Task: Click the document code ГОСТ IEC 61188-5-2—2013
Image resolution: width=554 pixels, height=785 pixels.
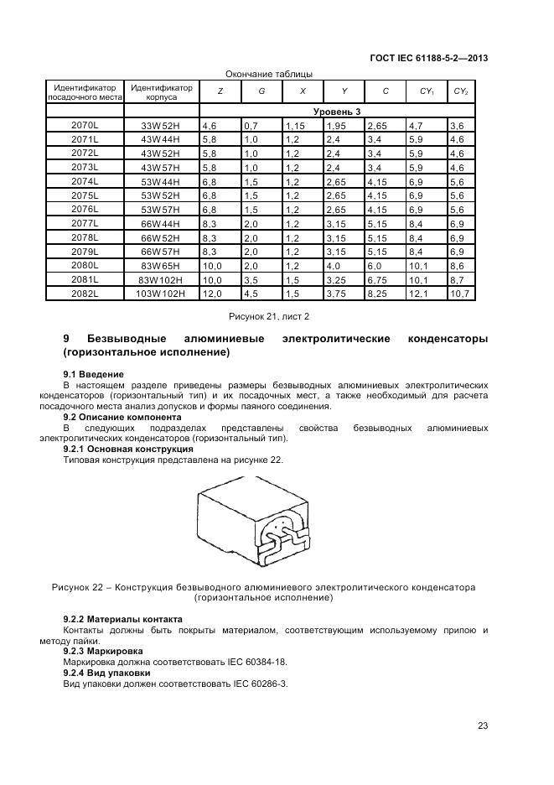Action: pyautogui.click(x=428, y=58)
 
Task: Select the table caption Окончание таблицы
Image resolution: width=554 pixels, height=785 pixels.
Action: pyautogui.click(x=268, y=74)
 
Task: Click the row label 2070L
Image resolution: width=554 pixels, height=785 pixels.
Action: pyautogui.click(x=85, y=124)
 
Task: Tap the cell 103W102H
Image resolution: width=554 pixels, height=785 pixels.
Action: pyautogui.click(x=162, y=294)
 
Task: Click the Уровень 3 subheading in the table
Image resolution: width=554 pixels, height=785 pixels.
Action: pyautogui.click(x=337, y=111)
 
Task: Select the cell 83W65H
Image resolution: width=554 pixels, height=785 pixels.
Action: pyautogui.click(x=162, y=266)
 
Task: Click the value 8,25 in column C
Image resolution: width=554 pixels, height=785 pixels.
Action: pyautogui.click(x=378, y=294)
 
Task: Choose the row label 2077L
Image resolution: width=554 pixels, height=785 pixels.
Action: pyautogui.click(x=85, y=223)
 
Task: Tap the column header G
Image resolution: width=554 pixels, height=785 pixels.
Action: pyautogui.click(x=261, y=91)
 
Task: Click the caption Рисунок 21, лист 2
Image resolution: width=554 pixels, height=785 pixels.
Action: pyautogui.click(x=269, y=316)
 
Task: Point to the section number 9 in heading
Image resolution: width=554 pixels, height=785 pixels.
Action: pyautogui.click(x=67, y=339)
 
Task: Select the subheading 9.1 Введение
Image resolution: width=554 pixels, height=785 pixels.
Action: pyautogui.click(x=94, y=373)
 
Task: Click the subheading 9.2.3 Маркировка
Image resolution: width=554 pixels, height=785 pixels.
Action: pyautogui.click(x=103, y=650)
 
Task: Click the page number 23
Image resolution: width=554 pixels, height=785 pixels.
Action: pyautogui.click(x=482, y=726)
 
